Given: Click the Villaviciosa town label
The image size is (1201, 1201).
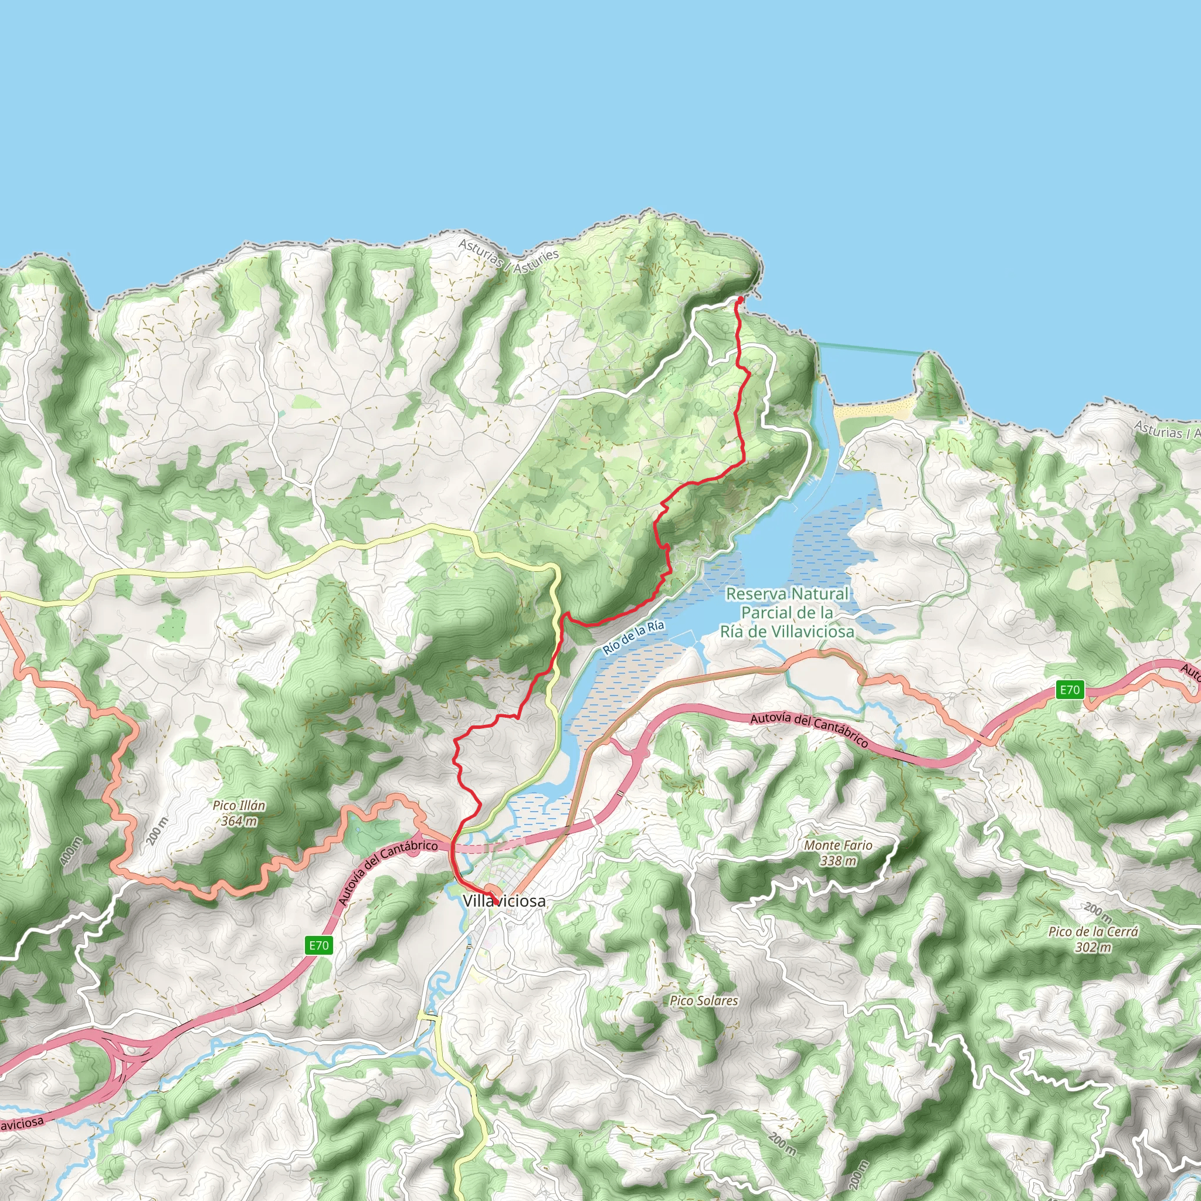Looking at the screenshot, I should [504, 901].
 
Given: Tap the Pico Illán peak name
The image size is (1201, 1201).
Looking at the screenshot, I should [239, 806].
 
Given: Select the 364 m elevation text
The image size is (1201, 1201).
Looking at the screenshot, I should [239, 821].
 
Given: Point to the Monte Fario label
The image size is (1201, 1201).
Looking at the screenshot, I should [838, 846].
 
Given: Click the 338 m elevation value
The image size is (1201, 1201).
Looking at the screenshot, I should [838, 861].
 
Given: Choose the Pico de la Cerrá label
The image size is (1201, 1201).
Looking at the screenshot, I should [1094, 932].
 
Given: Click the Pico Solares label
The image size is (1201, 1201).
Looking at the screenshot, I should [704, 1001].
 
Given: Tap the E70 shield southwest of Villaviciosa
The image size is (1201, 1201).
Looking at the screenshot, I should [319, 945].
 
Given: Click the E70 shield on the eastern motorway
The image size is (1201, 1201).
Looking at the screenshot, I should [1070, 690].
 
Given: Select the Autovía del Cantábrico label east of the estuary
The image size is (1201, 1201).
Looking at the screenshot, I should [809, 730].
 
